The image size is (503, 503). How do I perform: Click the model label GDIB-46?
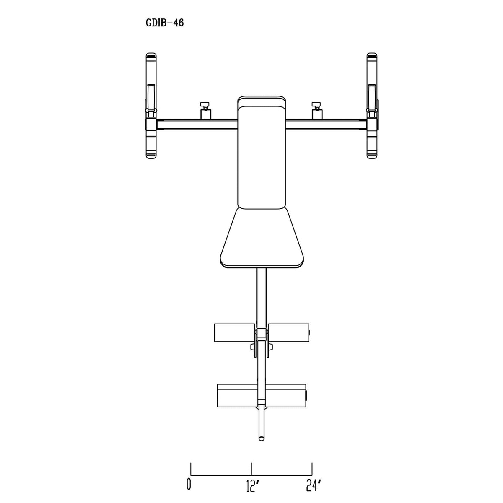(x=164, y=23)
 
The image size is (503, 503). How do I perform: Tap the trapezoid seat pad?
(x=262, y=238)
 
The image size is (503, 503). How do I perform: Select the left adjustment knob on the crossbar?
(x=205, y=110)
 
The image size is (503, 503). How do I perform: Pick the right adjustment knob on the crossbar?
(x=317, y=110)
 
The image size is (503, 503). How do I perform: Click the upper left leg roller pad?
(x=234, y=332)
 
